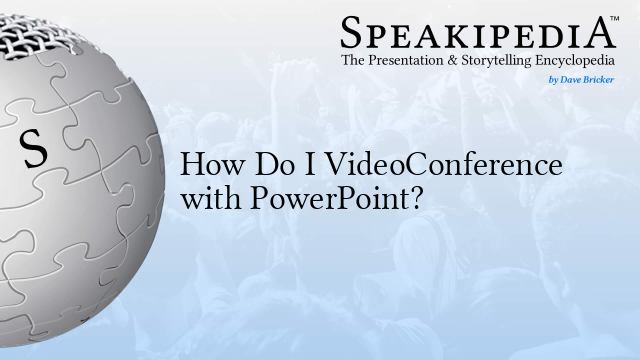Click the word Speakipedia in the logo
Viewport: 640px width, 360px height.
click(477, 32)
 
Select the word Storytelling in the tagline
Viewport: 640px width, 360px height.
click(507, 61)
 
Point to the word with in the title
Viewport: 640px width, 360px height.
click(204, 196)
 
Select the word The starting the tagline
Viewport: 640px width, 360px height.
click(355, 61)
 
